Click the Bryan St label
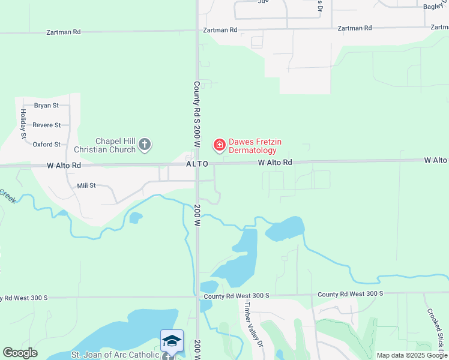46,106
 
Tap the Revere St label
47,125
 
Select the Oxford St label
47,144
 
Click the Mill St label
86,186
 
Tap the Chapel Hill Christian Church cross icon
144,144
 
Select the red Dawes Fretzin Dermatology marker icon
219,145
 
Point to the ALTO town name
197,164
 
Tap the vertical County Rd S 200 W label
196,115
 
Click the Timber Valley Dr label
253,323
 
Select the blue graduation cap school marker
172,341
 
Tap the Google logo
20,353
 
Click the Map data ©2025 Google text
411,355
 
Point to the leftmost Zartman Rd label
64,32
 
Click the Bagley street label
432,7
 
